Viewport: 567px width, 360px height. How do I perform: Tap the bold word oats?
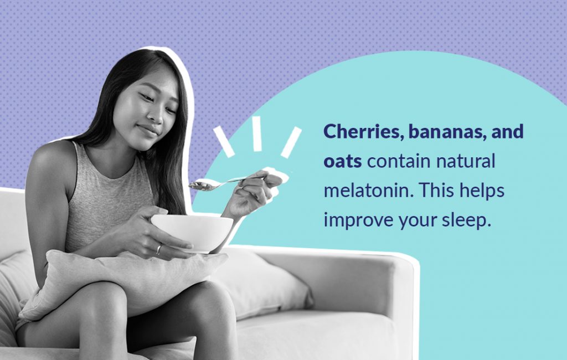[342, 161]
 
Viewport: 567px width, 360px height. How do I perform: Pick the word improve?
[358, 220]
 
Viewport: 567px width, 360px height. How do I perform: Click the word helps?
[482, 191]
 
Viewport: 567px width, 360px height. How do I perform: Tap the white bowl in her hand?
[192, 232]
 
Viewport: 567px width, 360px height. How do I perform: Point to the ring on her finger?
[159, 249]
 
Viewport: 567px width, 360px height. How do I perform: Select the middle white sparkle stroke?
[257, 133]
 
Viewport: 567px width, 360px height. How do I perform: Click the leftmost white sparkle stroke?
[224, 141]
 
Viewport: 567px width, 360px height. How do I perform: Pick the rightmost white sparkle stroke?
[291, 142]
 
